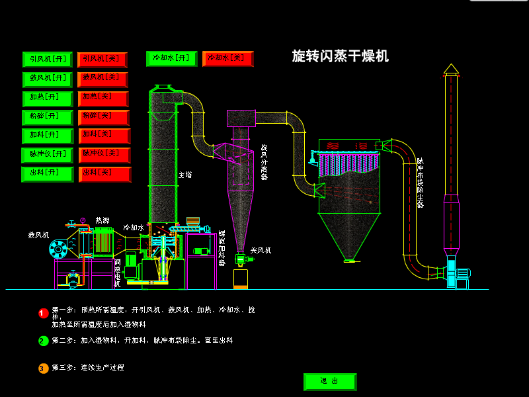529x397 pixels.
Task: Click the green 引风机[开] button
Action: click(x=48, y=60)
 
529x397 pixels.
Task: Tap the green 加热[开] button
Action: click(x=48, y=98)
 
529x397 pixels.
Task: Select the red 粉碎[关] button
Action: click(x=103, y=117)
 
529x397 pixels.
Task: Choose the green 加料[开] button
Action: click(x=48, y=136)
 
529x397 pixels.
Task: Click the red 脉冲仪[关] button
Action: click(x=104, y=155)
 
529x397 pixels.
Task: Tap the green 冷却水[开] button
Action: click(x=171, y=59)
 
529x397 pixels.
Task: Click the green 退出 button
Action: click(x=329, y=382)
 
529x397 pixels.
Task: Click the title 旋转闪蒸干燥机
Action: click(x=340, y=56)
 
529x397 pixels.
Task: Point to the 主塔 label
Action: click(x=185, y=175)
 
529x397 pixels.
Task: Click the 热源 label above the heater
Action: click(x=102, y=220)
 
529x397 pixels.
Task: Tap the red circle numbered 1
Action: click(x=44, y=313)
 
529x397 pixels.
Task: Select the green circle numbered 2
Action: click(x=44, y=341)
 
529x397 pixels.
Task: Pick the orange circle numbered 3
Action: click(x=44, y=368)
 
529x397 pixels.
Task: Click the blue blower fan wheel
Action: click(x=58, y=249)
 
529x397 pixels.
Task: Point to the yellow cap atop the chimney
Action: click(x=451, y=69)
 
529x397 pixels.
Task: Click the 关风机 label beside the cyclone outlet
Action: click(x=261, y=251)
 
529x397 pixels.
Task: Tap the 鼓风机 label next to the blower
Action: click(x=38, y=235)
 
